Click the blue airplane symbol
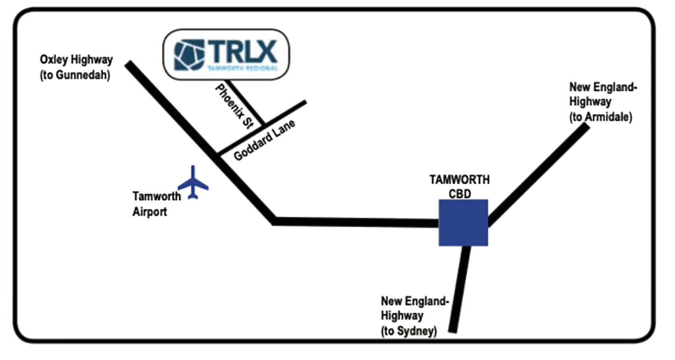pyautogui.click(x=193, y=183)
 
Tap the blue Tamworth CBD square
pyautogui.click(x=463, y=223)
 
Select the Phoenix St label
pyautogui.click(x=234, y=107)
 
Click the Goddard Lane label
pyautogui.click(x=264, y=140)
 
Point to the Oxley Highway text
pyautogui.click(x=76, y=60)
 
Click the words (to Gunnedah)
pyautogui.click(x=75, y=75)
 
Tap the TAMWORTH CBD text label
pyautogui.click(x=460, y=187)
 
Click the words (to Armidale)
pyautogui.click(x=600, y=117)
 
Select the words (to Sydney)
pyautogui.click(x=409, y=331)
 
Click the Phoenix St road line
pyautogui.click(x=246, y=102)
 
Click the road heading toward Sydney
pyautogui.click(x=460, y=290)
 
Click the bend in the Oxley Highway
pyautogui.click(x=275, y=221)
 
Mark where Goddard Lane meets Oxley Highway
pyautogui.click(x=218, y=153)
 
